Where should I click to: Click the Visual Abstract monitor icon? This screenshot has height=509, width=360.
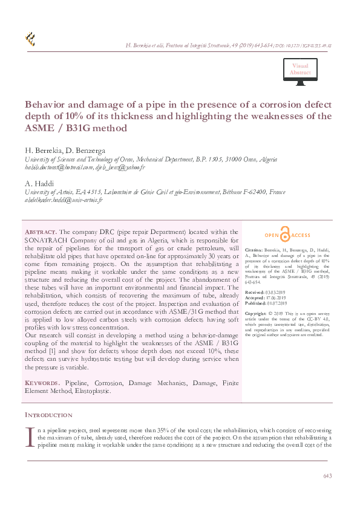(300, 70)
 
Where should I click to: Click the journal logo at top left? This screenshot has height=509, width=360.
(30, 40)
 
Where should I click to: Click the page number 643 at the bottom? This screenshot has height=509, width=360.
(327, 476)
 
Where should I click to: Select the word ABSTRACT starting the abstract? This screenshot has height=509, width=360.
(40, 232)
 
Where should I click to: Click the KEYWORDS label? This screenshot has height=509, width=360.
(42, 384)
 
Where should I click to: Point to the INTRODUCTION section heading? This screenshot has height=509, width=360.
(48, 415)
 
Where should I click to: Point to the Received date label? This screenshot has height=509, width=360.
(255, 291)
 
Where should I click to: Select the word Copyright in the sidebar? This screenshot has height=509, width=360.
(257, 314)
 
